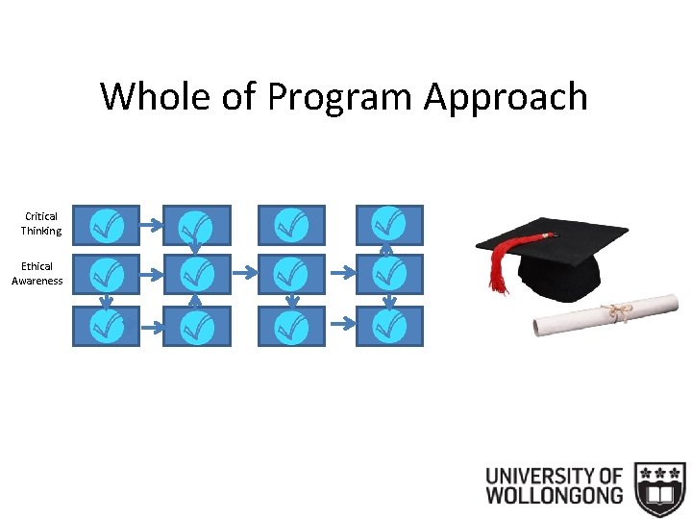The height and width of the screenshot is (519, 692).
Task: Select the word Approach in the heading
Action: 507,97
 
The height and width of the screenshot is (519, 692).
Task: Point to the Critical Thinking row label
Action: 41,224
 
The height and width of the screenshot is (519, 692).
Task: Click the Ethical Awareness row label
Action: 37,274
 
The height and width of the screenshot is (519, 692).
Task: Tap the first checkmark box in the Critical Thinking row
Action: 106,225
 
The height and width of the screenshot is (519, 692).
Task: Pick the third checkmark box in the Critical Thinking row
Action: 291,225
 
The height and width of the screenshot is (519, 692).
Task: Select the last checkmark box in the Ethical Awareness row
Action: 389,275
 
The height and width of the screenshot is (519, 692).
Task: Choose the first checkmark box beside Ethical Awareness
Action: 106,275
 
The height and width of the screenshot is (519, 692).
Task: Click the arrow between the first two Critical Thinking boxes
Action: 151,225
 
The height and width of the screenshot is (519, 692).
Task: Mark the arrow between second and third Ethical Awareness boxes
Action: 245,274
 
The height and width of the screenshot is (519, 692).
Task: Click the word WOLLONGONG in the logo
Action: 554,497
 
